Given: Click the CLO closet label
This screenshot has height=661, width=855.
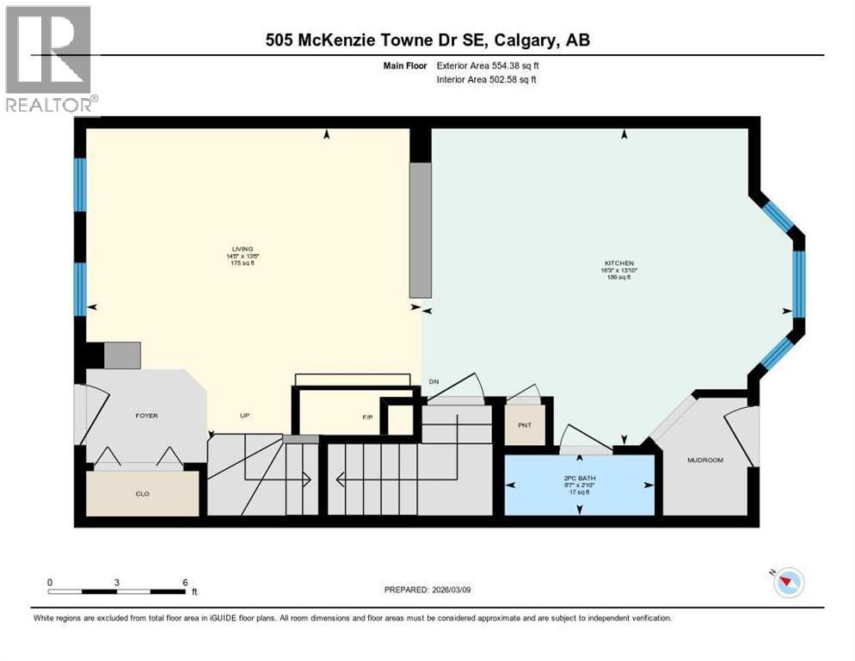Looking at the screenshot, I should (x=143, y=494).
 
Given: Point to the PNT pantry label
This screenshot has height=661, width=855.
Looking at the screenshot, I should (x=524, y=425).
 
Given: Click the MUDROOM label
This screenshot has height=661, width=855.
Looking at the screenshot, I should (x=704, y=460).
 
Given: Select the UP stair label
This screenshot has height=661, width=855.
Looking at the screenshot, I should (x=244, y=415).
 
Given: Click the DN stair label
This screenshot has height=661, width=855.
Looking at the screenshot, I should (x=434, y=381).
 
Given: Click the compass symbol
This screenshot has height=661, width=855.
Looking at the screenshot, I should (x=789, y=583).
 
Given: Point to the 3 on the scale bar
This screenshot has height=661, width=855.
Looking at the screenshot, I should (x=116, y=582).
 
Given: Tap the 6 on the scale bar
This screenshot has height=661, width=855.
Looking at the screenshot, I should (x=184, y=582).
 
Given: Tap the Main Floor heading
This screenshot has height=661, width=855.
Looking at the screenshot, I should (x=406, y=65).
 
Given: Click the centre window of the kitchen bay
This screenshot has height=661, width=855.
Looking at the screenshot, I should (x=798, y=283).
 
